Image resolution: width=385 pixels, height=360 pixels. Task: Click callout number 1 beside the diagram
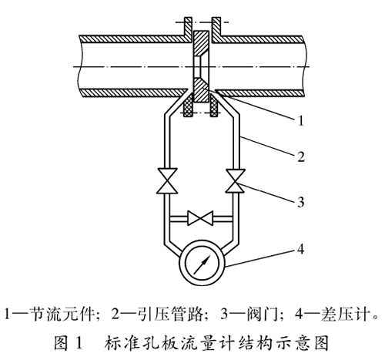(x=301, y=120)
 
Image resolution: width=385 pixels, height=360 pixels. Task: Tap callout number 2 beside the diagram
(x=301, y=156)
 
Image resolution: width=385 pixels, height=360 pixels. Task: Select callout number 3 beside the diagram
(x=301, y=202)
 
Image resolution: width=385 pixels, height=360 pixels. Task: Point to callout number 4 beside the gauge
(x=300, y=249)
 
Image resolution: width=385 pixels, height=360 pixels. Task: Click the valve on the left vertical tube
(x=167, y=180)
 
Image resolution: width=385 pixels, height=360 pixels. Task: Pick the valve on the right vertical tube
(x=235, y=180)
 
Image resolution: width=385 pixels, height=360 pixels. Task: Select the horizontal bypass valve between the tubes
(x=200, y=218)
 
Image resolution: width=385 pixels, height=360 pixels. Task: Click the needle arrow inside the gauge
(x=202, y=264)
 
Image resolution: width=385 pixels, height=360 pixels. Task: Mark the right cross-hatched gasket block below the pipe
(x=214, y=106)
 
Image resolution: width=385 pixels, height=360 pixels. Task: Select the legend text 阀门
(x=263, y=314)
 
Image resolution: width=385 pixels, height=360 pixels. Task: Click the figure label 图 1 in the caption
(x=68, y=343)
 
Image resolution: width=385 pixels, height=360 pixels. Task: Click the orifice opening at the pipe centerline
(x=200, y=67)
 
